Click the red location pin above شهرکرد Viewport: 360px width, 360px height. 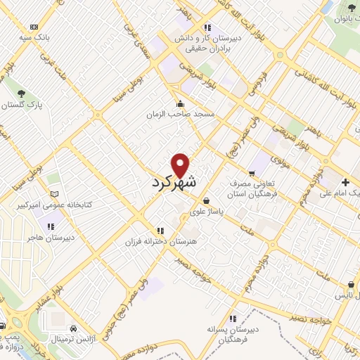(x=181, y=165)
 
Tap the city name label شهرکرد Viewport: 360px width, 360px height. (x=175, y=182)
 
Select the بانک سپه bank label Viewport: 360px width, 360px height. (x=34, y=34)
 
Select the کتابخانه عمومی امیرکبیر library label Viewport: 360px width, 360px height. (x=53, y=205)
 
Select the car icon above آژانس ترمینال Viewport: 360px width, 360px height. (x=75, y=328)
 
